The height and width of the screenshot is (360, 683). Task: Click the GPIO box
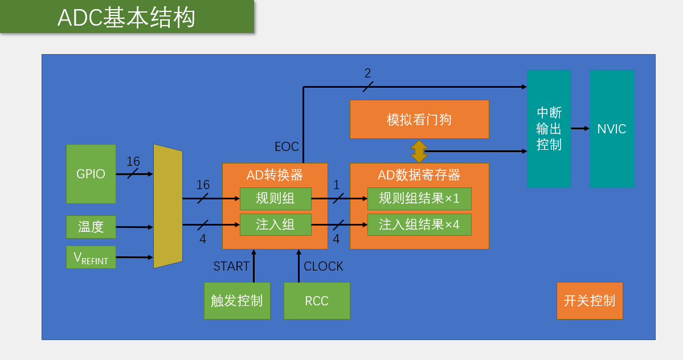[x=91, y=174]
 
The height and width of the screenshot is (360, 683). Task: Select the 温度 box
[x=91, y=227]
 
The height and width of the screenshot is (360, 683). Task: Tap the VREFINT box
[x=91, y=257]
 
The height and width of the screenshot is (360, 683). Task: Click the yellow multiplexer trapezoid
[x=168, y=206]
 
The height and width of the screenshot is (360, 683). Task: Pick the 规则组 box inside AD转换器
[x=276, y=199]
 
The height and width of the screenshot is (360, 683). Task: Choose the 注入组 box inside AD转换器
[x=276, y=224]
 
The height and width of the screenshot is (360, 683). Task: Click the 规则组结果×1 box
[x=419, y=199]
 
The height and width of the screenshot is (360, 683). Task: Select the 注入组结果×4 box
[x=419, y=224]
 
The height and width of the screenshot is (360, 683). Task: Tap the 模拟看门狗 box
[x=419, y=119]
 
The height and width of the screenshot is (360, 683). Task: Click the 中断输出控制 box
[x=549, y=129]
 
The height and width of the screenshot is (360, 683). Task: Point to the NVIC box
[x=612, y=129]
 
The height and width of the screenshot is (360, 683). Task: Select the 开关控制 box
[x=590, y=301]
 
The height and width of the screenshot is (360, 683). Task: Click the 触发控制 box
[x=237, y=301]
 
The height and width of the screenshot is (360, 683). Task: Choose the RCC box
[x=317, y=301]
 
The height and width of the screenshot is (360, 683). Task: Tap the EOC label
[x=287, y=147]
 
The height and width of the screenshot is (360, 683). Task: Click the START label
[x=231, y=267]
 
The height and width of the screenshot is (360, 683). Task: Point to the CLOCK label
[x=324, y=267]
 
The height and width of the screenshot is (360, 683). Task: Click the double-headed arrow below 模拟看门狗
[x=419, y=151]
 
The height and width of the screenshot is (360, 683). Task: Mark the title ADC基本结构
[x=126, y=18]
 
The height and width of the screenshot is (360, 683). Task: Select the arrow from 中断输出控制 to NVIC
[x=580, y=129]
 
